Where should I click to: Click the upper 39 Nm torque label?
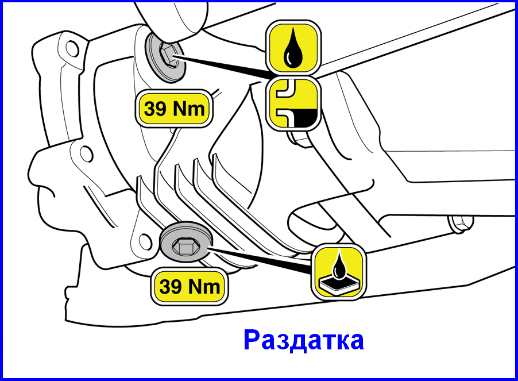click(174, 109)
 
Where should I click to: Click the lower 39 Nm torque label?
click(190, 286)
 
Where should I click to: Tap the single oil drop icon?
click(293, 47)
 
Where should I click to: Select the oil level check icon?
click(293, 103)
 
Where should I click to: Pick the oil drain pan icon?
click(339, 272)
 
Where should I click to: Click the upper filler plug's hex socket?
click(167, 56)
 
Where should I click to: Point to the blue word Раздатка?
click(304, 340)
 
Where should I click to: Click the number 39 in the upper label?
click(155, 109)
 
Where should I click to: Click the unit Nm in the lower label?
click(204, 287)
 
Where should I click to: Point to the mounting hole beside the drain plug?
click(145, 242)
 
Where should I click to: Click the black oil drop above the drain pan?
click(338, 265)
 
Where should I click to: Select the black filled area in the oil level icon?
click(304, 118)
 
